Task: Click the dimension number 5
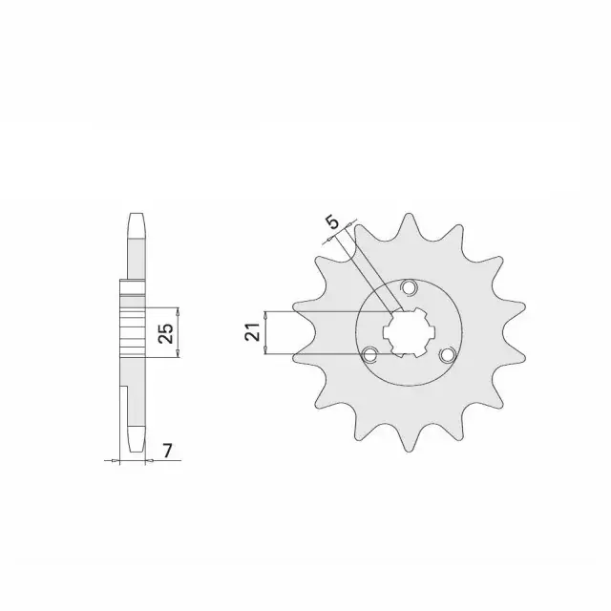333,222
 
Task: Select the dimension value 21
252,332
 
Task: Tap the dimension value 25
166,333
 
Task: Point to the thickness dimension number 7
168,451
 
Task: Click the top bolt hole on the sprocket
409,287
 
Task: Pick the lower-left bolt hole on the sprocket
369,355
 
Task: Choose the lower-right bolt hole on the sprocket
448,354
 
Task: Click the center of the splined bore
409,332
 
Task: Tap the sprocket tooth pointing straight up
409,224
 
